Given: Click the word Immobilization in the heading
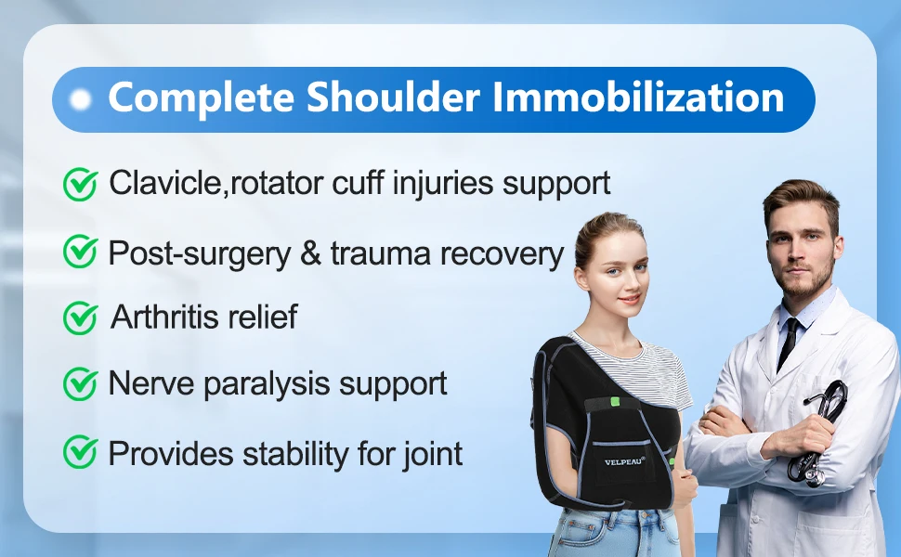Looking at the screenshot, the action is pyautogui.click(x=638, y=97).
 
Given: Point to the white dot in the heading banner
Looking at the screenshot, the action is pyautogui.click(x=81, y=100).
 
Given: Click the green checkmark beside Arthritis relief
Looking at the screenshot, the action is pyautogui.click(x=80, y=317).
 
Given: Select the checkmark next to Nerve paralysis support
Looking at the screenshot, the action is pyautogui.click(x=80, y=383).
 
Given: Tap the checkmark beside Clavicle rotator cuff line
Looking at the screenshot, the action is pyautogui.click(x=80, y=185).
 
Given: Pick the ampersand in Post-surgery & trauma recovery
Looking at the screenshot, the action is pyautogui.click(x=311, y=253).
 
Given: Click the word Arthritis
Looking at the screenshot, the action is pyautogui.click(x=163, y=317).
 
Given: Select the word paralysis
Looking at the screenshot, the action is pyautogui.click(x=267, y=384).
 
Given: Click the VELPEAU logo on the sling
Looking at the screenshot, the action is pyautogui.click(x=624, y=461).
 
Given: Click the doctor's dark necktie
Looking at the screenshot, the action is pyautogui.click(x=788, y=343).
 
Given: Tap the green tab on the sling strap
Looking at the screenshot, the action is pyautogui.click(x=616, y=401).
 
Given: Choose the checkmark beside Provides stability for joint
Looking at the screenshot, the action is pyautogui.click(x=80, y=452).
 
